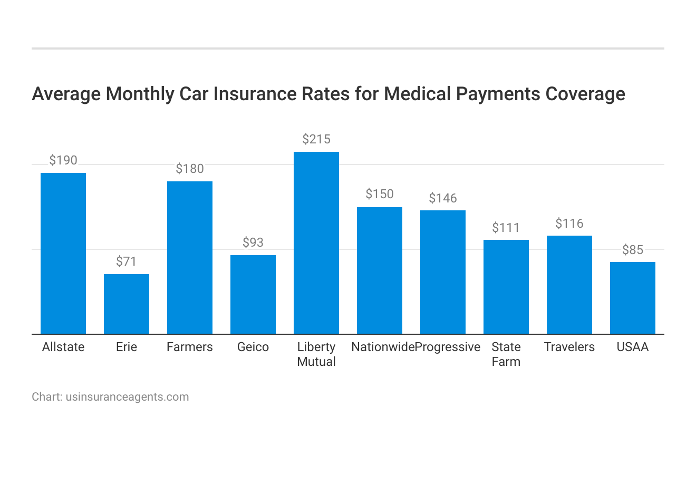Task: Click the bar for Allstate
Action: (x=63, y=253)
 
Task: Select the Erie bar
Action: (x=127, y=304)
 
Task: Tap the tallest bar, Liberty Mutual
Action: (x=316, y=242)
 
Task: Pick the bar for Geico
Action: (x=253, y=294)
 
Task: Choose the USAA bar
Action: (x=633, y=298)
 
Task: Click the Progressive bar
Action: (x=443, y=272)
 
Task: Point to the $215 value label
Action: (x=316, y=139)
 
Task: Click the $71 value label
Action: (x=127, y=261)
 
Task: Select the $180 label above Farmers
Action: (x=190, y=169)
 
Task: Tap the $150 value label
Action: (x=380, y=194)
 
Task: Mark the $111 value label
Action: (x=506, y=228)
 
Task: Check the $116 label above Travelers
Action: (x=569, y=224)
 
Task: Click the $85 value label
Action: (x=633, y=250)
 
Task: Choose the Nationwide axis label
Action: (x=383, y=347)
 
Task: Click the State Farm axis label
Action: (x=506, y=354)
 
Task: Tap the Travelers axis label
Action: (x=569, y=347)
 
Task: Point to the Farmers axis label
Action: (x=190, y=347)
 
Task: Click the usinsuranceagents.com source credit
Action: (x=127, y=397)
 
